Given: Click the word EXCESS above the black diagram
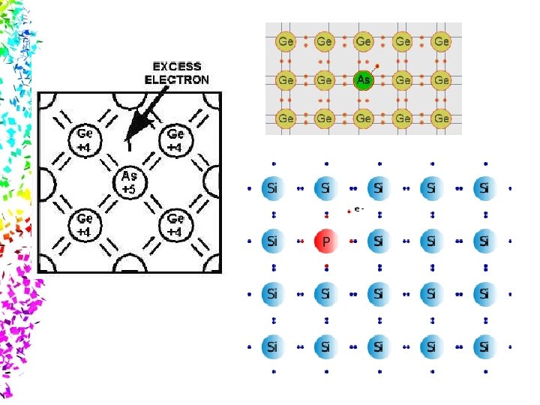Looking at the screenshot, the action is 176,66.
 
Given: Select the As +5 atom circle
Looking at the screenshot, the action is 129,181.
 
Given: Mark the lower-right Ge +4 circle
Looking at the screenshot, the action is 175,224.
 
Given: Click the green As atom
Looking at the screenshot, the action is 364,79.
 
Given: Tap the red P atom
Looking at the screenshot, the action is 325,241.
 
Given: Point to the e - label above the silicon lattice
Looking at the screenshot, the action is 358,209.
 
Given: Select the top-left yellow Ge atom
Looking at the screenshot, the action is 286,40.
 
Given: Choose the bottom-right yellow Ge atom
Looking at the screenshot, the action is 442,118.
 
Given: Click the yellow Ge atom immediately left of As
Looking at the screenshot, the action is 325,79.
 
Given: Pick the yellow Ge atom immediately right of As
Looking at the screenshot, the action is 403,79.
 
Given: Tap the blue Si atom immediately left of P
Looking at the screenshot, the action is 272,241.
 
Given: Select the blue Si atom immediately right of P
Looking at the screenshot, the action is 378,241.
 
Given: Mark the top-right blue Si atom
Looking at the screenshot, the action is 484,188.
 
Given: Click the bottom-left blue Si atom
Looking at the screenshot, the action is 272,346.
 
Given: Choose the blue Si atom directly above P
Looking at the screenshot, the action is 325,188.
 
